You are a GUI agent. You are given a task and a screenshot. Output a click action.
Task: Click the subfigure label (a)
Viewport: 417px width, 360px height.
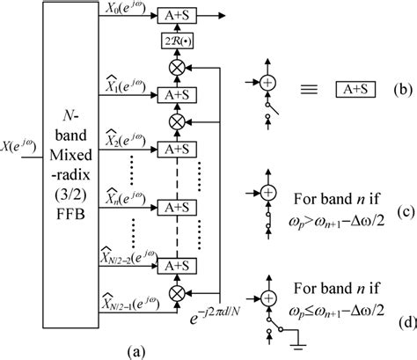136,349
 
